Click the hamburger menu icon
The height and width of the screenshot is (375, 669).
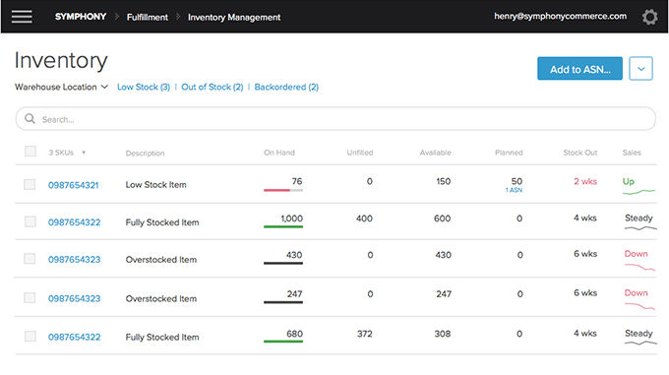pos(22,17)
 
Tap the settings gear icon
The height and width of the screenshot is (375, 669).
pos(649,17)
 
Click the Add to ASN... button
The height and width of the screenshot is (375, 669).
pos(579,69)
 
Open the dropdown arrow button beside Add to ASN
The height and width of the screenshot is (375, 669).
pos(640,69)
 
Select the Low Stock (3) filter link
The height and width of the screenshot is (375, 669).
pos(144,87)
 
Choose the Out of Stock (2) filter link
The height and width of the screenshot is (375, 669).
pos(213,87)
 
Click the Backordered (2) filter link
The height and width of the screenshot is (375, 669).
pos(286,87)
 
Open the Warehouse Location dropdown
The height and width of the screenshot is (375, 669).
pos(61,87)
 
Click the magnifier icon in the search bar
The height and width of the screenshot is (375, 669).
pos(30,118)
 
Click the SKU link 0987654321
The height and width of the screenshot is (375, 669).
pos(74,185)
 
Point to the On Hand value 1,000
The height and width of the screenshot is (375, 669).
pos(292,219)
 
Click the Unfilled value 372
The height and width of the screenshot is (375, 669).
pos(365,334)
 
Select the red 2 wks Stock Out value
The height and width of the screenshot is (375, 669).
pos(585,181)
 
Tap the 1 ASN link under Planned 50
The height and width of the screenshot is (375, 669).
pos(515,190)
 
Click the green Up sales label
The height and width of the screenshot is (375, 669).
pos(629,181)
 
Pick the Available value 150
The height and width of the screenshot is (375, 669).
pos(444,181)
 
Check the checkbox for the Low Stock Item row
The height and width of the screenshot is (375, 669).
pos(30,184)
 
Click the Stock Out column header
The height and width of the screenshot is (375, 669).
pos(580,153)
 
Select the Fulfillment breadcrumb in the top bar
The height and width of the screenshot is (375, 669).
pos(148,17)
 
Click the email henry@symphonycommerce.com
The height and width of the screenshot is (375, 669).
pos(560,16)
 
